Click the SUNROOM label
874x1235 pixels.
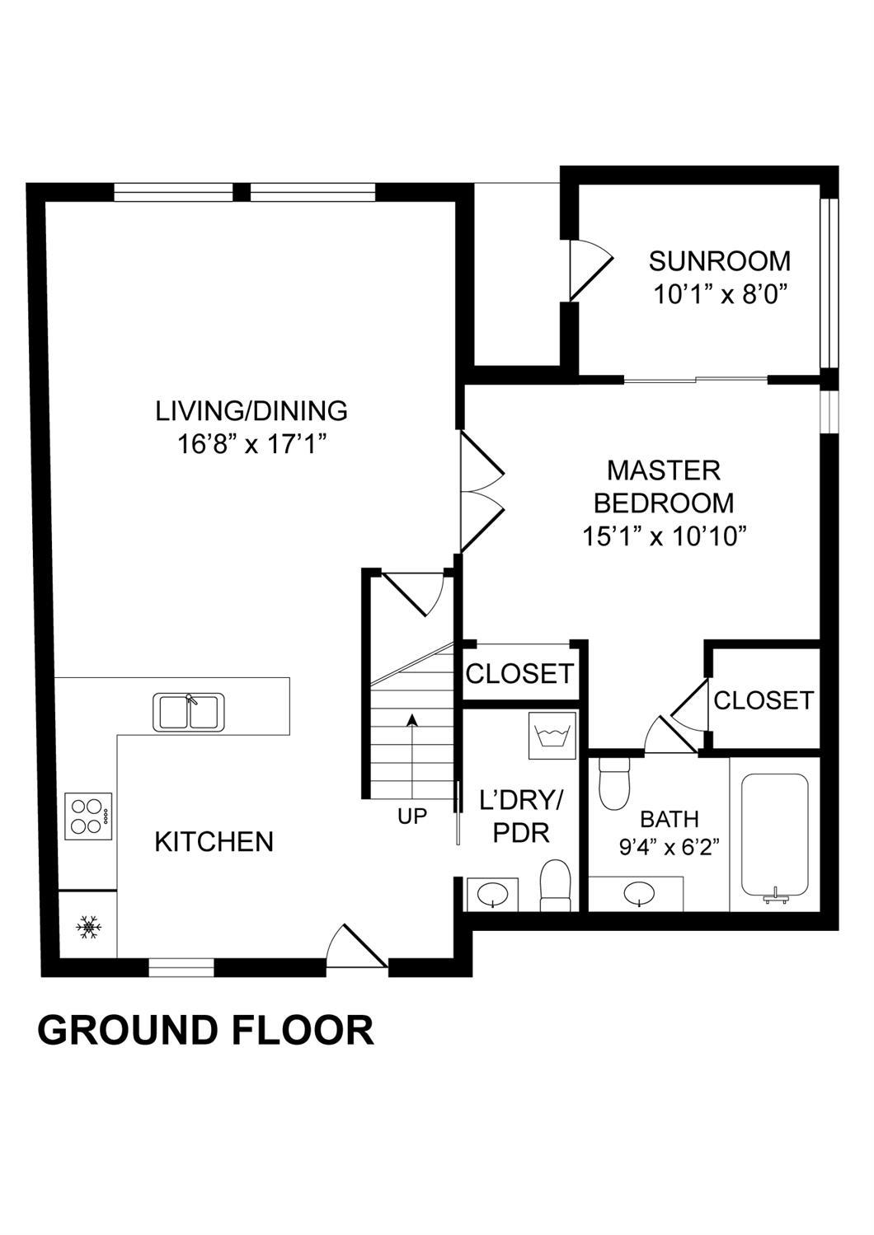(x=719, y=261)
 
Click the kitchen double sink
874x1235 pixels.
(x=189, y=713)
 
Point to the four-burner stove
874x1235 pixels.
(x=88, y=816)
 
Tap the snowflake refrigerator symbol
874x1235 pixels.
(x=88, y=928)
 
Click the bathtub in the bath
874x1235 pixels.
(x=775, y=838)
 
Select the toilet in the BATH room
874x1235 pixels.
(x=614, y=783)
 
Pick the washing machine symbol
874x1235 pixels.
(x=552, y=736)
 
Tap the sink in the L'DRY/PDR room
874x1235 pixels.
(x=493, y=894)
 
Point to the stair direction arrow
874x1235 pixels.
(x=411, y=759)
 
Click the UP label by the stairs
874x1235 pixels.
(x=412, y=816)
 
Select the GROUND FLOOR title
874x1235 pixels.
(x=205, y=1029)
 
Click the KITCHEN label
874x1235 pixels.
(x=214, y=842)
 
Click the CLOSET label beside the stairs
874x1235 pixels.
(x=519, y=673)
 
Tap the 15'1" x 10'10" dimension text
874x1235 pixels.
(x=665, y=536)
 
